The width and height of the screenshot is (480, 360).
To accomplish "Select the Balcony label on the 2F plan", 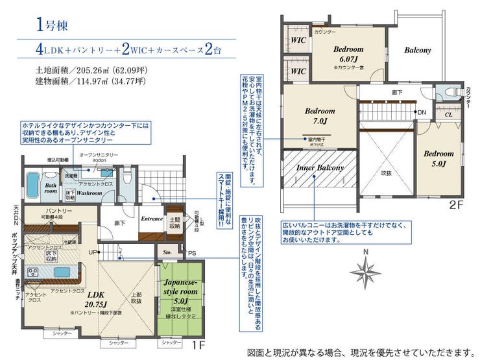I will (x=418, y=50).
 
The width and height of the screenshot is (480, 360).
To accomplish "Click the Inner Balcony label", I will (x=320, y=168).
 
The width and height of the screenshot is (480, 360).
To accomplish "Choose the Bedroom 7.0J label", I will (x=319, y=115).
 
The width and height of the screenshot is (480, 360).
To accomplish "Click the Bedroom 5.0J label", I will (x=438, y=159).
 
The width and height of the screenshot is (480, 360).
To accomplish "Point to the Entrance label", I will (x=151, y=219).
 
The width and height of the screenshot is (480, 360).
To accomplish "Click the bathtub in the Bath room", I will (x=32, y=179).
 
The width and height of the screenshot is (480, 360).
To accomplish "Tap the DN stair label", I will (x=421, y=113).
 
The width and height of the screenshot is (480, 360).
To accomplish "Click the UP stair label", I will (x=93, y=252).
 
